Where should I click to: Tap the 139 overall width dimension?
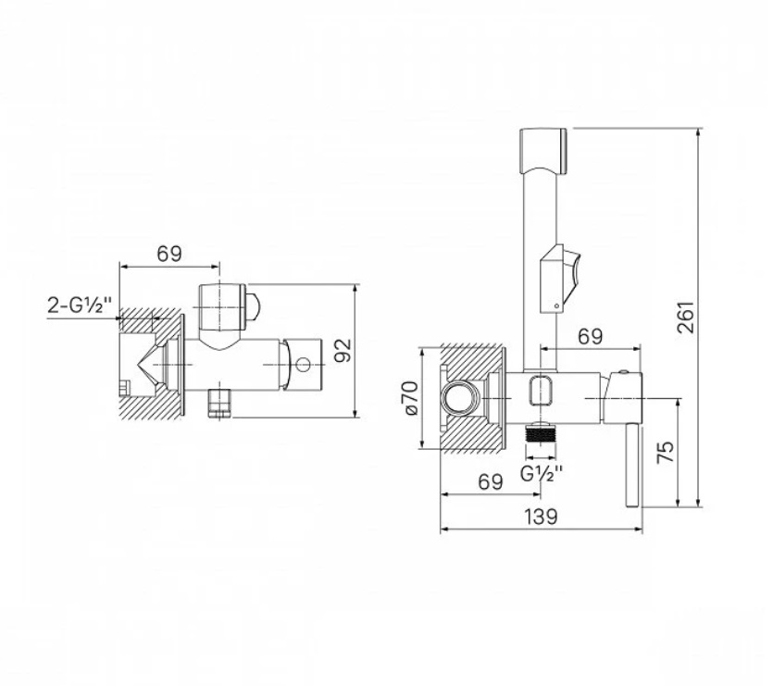coord(541,517)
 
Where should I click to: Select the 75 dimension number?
coord(666,452)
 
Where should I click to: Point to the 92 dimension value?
coord(343,350)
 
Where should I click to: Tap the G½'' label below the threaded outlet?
coord(542,473)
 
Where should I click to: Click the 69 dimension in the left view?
coord(169,254)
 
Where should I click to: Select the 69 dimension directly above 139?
coord(491,481)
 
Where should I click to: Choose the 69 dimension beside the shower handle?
coord(590,336)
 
